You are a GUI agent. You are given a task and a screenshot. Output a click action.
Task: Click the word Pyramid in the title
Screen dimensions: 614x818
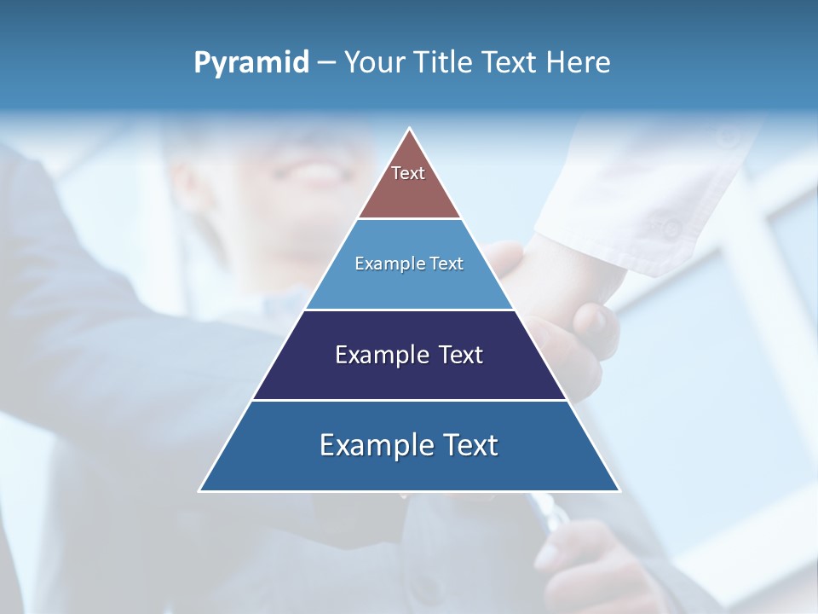251,63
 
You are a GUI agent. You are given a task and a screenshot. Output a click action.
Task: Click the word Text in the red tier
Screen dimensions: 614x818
408,173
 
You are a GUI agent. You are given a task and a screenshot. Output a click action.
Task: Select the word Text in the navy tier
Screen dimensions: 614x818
461,355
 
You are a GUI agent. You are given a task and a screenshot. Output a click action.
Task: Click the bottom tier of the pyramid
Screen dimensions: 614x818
409,469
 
